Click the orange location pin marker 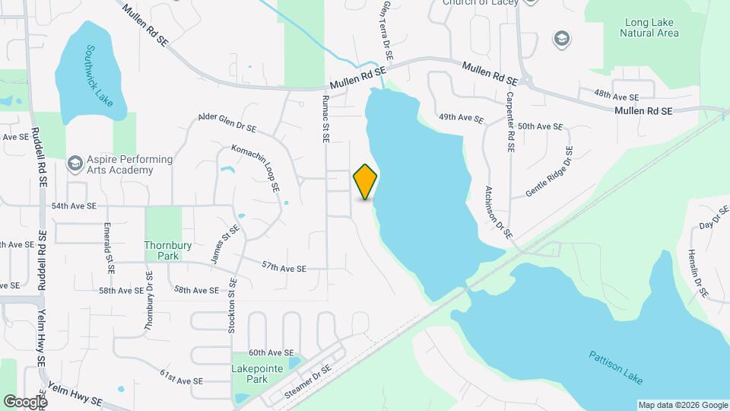pos(366,182)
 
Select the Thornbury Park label pos(163,250)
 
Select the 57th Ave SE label pos(284,269)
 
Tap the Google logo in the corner pos(25,401)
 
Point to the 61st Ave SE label pos(181,378)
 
